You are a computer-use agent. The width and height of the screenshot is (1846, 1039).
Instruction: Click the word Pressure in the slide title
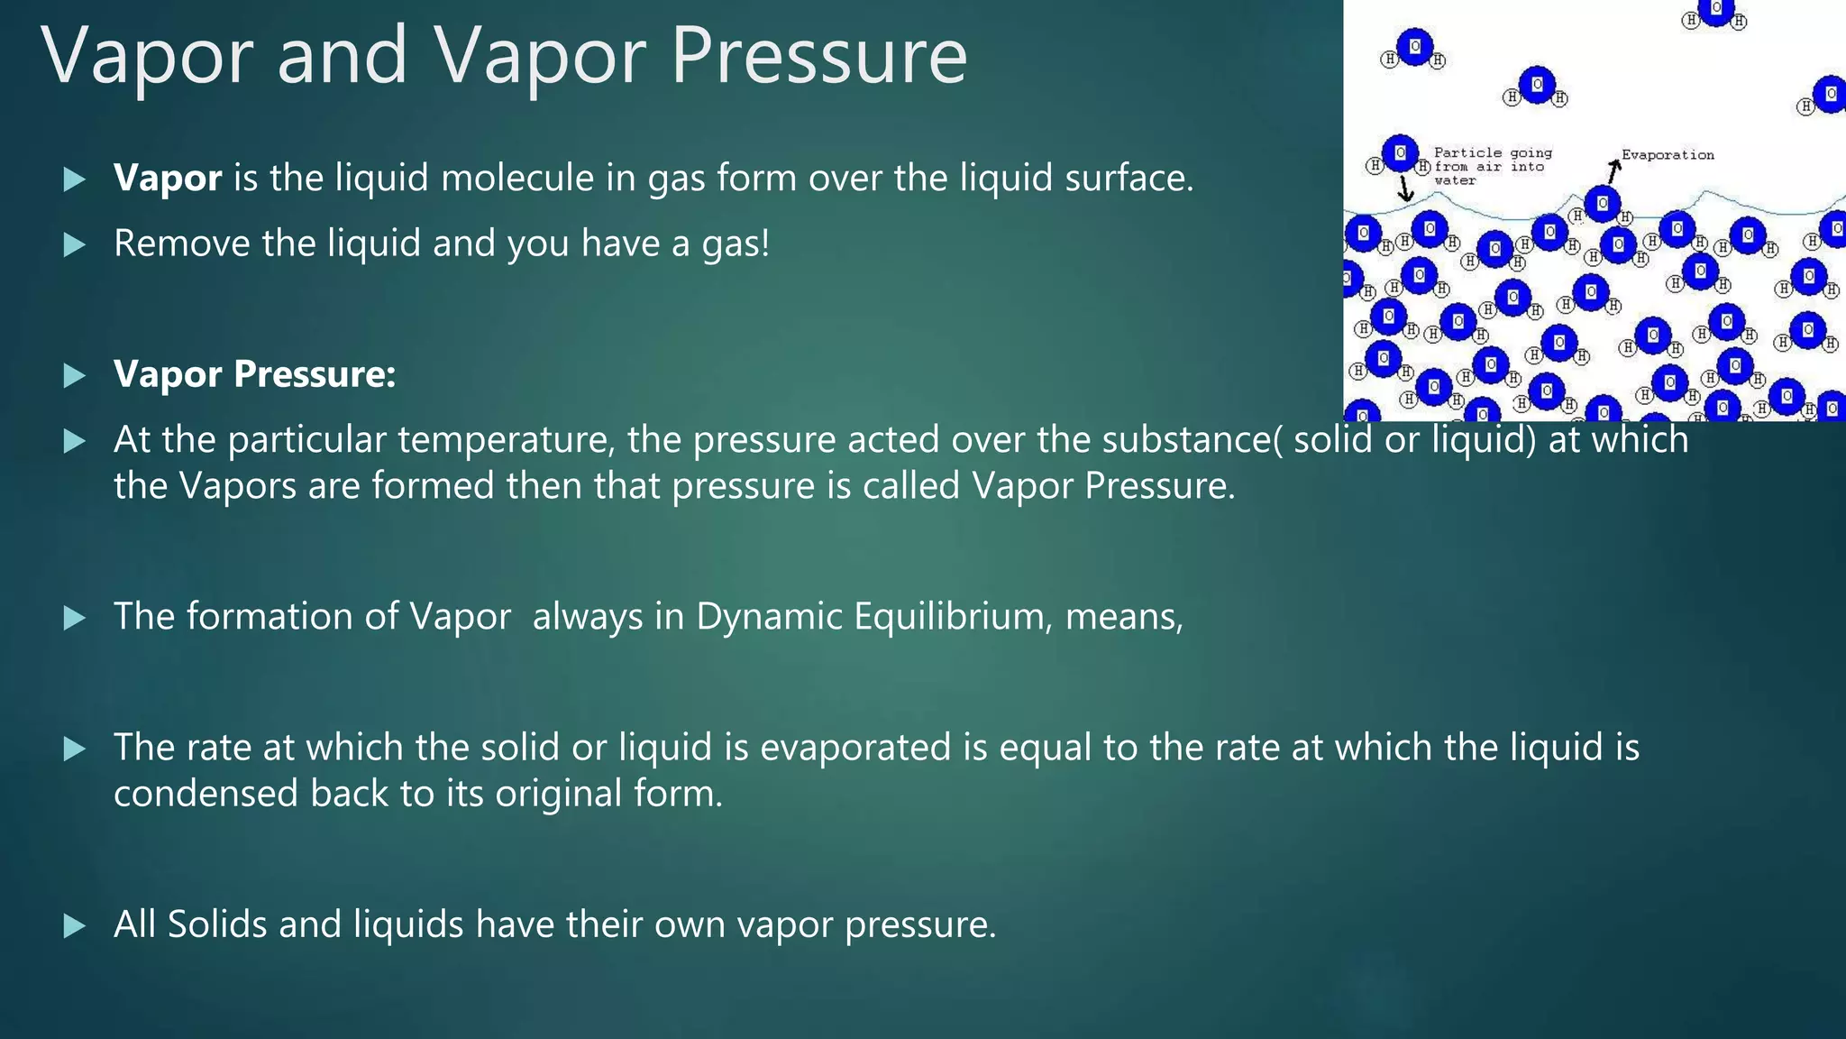pos(818,56)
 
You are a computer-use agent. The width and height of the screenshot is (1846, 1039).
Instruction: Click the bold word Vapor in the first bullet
pos(168,178)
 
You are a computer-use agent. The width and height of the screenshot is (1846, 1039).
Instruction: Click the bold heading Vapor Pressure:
pos(254,373)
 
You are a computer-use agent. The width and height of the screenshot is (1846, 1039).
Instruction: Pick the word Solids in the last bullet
pos(216,924)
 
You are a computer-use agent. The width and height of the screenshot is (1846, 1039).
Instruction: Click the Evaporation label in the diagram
pos(1668,155)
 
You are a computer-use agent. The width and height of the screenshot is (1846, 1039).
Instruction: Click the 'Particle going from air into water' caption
pos(1492,167)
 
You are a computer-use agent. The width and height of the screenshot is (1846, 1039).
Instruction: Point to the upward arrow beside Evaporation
pos(1613,169)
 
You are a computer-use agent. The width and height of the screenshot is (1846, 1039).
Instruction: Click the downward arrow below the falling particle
pos(1404,189)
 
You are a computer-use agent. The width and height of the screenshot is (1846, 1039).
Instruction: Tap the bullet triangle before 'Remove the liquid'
pos(75,244)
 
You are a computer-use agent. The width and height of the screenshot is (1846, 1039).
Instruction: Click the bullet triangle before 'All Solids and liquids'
pos(75,925)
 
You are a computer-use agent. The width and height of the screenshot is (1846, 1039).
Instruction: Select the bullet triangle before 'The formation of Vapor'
pos(75,618)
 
